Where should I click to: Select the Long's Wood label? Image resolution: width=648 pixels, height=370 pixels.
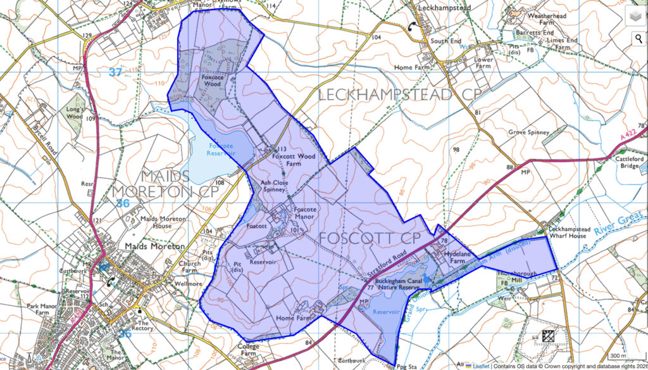pos(75,112)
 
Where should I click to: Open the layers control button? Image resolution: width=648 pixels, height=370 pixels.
pos(635,16)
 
